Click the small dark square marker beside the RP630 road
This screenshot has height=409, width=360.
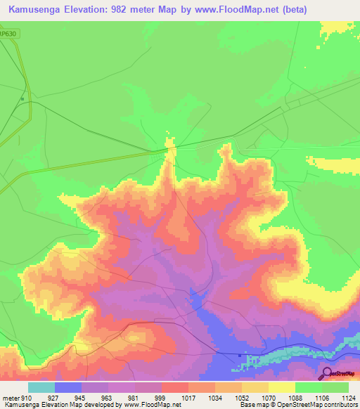pos(22,98)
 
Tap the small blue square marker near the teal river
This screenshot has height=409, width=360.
pos(240,355)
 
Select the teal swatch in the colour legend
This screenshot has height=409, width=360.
pos(41,387)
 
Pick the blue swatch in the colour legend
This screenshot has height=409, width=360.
pos(68,387)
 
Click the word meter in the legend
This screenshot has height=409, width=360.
pos(11,398)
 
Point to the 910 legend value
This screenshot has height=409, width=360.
pos(27,398)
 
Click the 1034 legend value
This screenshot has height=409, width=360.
pos(214,398)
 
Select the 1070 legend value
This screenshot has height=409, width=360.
pos(268,398)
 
